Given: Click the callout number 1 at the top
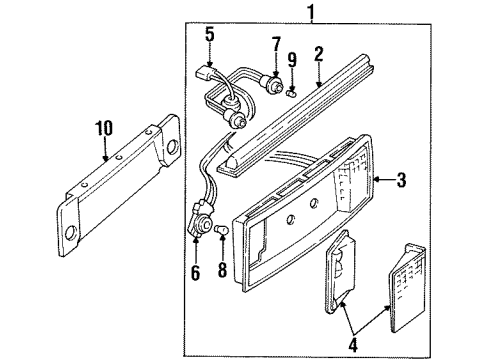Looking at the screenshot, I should [311, 12].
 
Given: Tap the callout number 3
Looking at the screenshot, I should [399, 180].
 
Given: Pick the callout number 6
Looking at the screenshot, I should [196, 272].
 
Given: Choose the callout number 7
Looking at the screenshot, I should [274, 45].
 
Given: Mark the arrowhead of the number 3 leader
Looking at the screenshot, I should [374, 181].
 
